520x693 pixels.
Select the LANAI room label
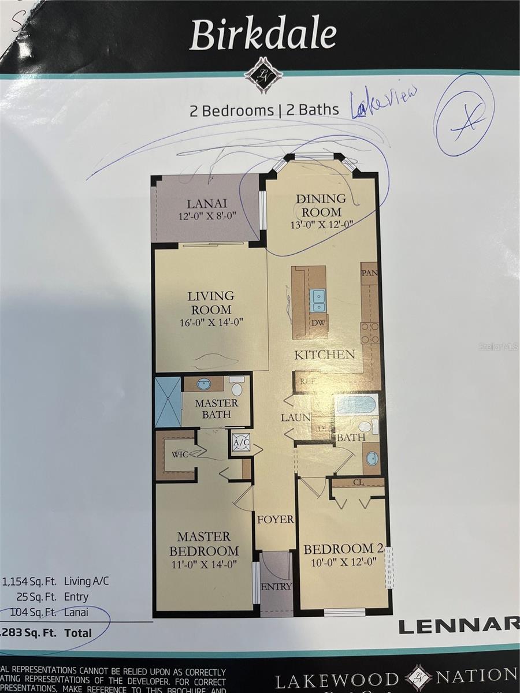pos(206,203)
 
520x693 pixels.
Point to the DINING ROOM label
pos(321,205)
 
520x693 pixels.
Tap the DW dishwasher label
pos(318,323)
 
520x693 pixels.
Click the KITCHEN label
pos(324,354)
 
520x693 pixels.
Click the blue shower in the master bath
pos(168,402)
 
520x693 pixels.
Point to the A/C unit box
pos(240,442)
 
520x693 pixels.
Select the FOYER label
pos(276,519)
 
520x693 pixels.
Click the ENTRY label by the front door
pos(276,587)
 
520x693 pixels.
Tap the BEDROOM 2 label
pos(344,549)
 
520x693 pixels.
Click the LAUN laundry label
pos(296,417)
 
